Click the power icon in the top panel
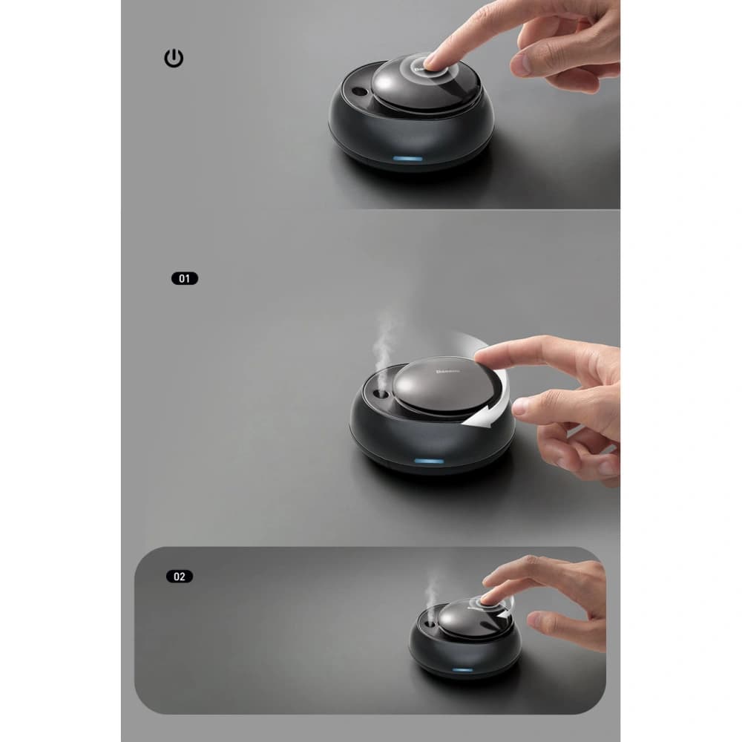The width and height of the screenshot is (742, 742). pos(174,59)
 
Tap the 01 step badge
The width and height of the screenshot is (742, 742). pos(185,279)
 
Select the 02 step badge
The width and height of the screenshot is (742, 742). pos(180,576)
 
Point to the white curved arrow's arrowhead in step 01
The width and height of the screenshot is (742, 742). pos(467,421)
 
